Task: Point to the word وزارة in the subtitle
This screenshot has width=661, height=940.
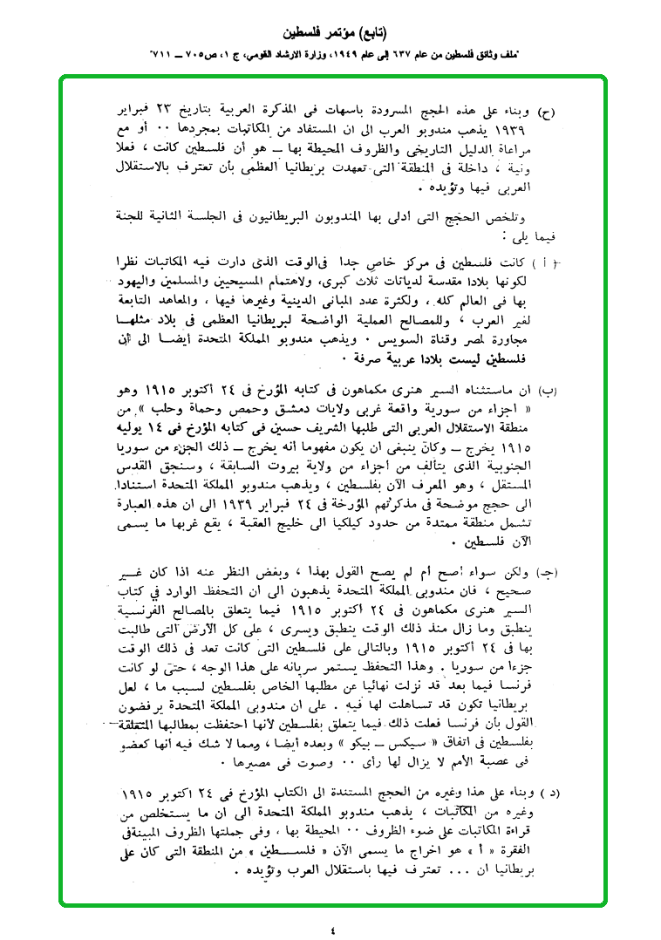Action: (x=301, y=54)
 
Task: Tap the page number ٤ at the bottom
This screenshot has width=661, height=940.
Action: (x=332, y=927)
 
